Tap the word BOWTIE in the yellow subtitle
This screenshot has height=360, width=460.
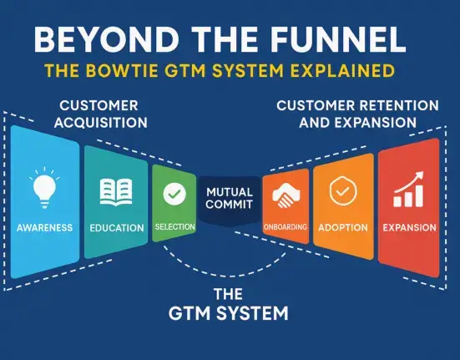point(122,70)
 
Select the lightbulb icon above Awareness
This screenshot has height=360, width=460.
point(44,188)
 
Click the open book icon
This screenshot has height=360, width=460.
point(116,192)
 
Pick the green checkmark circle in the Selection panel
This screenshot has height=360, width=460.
point(174,194)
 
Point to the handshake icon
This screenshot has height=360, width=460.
point(286,195)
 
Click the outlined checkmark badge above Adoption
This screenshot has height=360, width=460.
point(343,190)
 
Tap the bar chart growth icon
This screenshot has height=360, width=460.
point(409,190)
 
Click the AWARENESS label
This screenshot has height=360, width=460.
point(44,228)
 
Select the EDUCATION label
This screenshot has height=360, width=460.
point(117,228)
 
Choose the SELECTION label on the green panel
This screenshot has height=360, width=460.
point(174,227)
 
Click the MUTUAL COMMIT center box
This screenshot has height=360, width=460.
point(230,200)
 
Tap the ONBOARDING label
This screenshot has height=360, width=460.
point(286,227)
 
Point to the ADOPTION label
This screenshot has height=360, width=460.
point(343,228)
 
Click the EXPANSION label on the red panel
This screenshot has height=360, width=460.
point(410,228)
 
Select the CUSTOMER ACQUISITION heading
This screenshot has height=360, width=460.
point(100,114)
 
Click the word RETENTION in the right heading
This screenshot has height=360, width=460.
point(392,105)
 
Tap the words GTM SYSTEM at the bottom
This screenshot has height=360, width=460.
point(229,313)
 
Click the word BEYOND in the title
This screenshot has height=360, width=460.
point(107,40)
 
